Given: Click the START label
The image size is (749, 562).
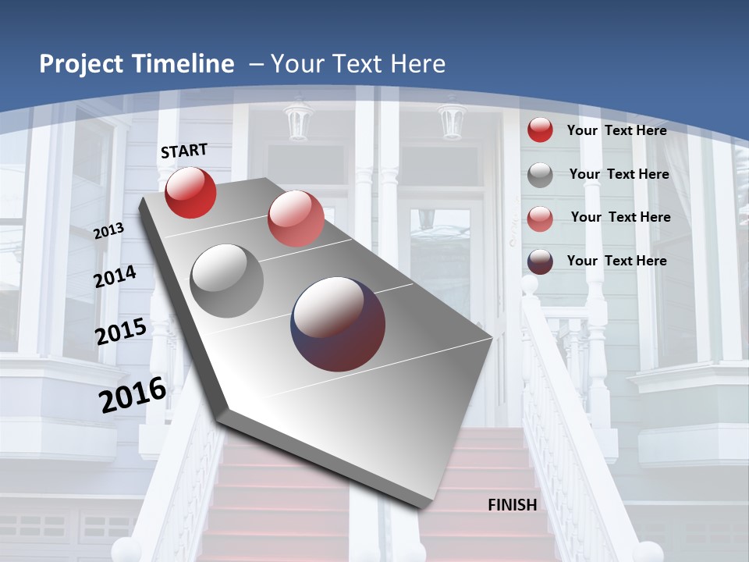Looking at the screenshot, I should tap(184, 150).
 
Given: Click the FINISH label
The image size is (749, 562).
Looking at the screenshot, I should tap(512, 505).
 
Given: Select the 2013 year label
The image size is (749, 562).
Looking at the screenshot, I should tap(108, 230).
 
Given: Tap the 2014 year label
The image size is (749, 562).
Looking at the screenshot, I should tap(115, 276).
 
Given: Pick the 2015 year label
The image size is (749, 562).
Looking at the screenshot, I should tap(121, 331).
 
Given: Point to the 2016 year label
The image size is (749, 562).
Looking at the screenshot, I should tap(133, 395).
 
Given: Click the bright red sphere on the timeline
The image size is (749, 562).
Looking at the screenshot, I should tap(190, 192).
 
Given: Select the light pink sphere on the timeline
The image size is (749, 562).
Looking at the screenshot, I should tap(296, 219).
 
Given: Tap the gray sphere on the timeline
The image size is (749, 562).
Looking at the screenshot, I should tap(227, 281).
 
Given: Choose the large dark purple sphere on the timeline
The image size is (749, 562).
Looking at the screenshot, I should tap(338, 324).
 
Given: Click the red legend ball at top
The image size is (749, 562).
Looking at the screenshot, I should tap(540, 130).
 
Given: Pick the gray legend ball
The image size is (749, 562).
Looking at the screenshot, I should tap(540, 175).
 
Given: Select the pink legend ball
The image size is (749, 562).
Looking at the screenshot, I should tap(540, 218).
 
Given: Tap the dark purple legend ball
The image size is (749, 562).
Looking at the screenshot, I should tap(540, 261).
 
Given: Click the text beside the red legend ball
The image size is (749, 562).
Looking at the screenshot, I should tap(616, 130).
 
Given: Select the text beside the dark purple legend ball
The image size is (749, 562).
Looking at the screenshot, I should tap(616, 261).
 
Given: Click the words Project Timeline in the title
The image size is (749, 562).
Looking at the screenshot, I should tap(137, 64).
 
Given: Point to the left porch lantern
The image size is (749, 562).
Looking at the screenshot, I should tap(298, 121).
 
